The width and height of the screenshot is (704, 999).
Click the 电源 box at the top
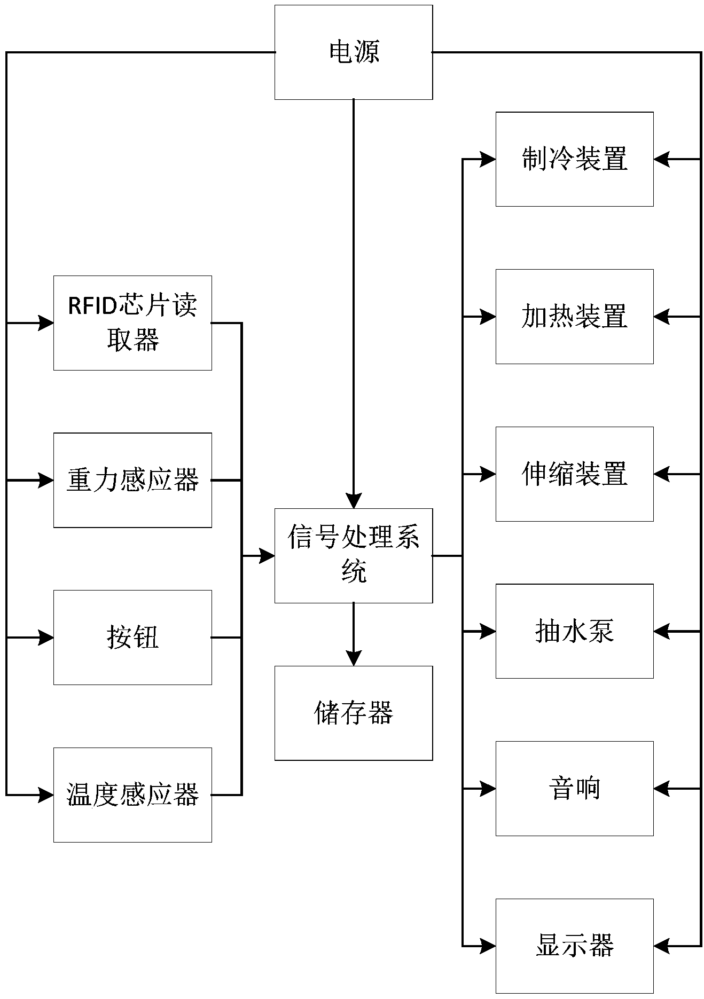[354, 52]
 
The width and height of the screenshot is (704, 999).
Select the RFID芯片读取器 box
[132, 322]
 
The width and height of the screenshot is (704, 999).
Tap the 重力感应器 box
[132, 480]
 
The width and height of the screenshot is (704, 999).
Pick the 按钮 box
[132, 637]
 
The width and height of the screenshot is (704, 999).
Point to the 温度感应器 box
[132, 795]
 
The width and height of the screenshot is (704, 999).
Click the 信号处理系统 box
[354, 555]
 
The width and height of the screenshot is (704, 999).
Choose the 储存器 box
[354, 713]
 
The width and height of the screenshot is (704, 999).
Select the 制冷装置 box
[574, 159]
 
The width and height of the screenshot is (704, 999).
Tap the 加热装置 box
[574, 317]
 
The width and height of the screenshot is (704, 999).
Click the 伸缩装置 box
[574, 474]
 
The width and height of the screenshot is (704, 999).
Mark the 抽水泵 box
[574, 631]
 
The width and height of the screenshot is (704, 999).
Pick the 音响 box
[574, 788]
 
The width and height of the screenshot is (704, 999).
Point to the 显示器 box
[574, 946]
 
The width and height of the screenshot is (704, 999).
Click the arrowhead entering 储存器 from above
[354, 659]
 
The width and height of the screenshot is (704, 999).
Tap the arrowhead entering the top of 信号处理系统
[354, 501]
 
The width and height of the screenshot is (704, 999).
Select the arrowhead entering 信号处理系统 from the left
[267, 555]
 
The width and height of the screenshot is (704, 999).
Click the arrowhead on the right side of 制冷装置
[661, 159]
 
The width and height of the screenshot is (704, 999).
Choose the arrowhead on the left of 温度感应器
[46, 795]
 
